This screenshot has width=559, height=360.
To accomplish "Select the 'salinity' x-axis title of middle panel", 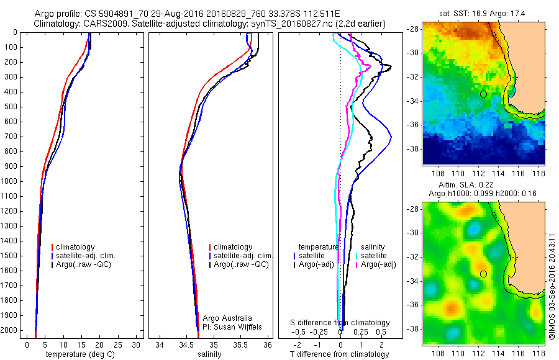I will click(x=208, y=354).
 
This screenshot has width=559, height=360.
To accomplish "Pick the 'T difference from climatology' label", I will click(x=339, y=354).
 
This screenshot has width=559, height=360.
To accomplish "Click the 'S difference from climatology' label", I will click(x=340, y=323).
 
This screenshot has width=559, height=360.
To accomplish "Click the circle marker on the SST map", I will click(x=483, y=94).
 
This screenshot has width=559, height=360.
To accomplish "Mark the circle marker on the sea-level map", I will click(x=483, y=274).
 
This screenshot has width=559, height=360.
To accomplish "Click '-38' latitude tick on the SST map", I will click(x=412, y=149).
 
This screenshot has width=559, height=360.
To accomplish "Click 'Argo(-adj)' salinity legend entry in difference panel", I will click(x=379, y=265).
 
